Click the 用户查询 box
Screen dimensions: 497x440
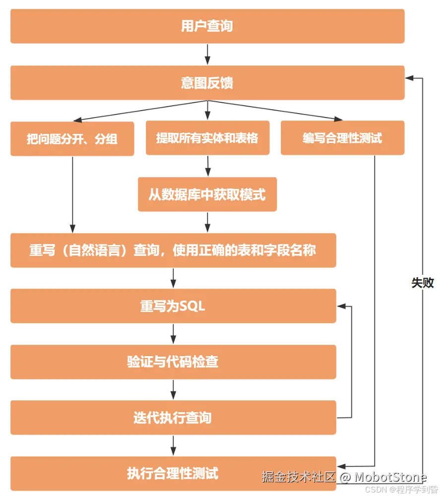click(207, 26)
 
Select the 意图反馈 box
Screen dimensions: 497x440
click(207, 83)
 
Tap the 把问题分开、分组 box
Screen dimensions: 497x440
click(72, 139)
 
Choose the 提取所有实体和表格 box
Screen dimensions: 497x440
click(207, 138)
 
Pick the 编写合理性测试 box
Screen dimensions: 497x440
click(342, 138)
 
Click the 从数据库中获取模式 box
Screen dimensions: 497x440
click(207, 194)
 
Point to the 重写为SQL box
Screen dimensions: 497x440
click(173, 307)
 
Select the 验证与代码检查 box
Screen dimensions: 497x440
click(173, 362)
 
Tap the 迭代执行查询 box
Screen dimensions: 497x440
click(173, 418)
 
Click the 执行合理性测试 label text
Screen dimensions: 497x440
click(173, 473)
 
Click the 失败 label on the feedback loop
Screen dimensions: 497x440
click(423, 283)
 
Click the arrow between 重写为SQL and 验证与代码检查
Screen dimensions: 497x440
click(173, 334)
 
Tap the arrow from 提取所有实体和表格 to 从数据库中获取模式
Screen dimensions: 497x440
click(207, 166)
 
